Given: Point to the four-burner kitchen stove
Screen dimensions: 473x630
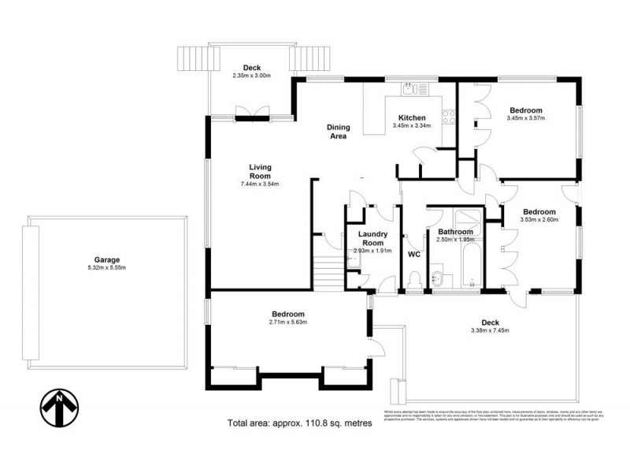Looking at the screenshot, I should click(x=450, y=117).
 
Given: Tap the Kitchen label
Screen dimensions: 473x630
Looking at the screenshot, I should click(x=412, y=118).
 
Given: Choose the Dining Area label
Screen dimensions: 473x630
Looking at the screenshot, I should click(x=338, y=132).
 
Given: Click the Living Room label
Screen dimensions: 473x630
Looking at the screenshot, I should click(x=260, y=171).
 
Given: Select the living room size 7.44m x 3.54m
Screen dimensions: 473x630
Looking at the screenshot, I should click(x=260, y=184).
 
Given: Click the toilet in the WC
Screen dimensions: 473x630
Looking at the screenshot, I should click(x=415, y=280).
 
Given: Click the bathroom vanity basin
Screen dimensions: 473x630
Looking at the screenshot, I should click(x=439, y=279).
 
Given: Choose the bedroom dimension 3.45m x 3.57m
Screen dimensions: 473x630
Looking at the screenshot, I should click(x=526, y=119).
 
